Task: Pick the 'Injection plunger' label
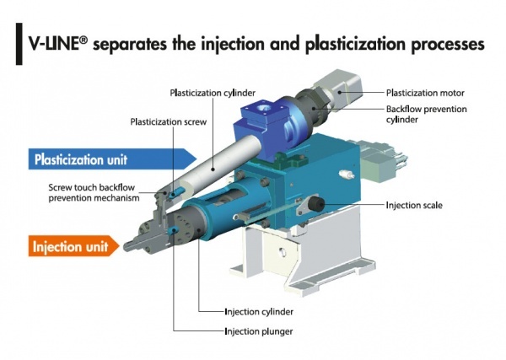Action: (x=258, y=331)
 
